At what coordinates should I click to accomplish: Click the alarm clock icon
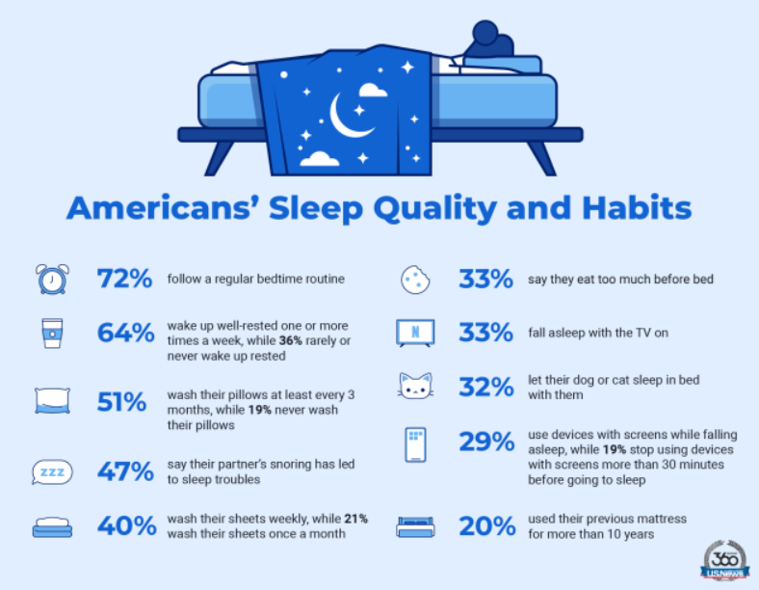52,279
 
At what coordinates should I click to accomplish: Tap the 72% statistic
125,279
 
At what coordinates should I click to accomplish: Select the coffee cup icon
52,334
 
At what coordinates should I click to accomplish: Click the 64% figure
126,333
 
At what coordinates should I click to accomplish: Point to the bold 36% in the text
291,340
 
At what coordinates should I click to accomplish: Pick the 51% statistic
121,402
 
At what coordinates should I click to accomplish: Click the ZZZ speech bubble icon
52,471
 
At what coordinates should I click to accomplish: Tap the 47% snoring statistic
125,471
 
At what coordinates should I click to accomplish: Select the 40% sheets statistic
127,526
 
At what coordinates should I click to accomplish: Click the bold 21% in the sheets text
355,519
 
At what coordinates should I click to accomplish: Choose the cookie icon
415,280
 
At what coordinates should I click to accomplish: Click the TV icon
415,333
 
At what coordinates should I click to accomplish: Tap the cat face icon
415,386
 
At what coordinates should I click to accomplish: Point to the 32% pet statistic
486,387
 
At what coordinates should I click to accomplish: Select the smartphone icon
415,444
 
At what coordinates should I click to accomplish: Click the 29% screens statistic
486,442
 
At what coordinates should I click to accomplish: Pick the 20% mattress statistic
487,526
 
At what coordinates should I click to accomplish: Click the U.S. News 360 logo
724,561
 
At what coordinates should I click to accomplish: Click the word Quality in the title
434,209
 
